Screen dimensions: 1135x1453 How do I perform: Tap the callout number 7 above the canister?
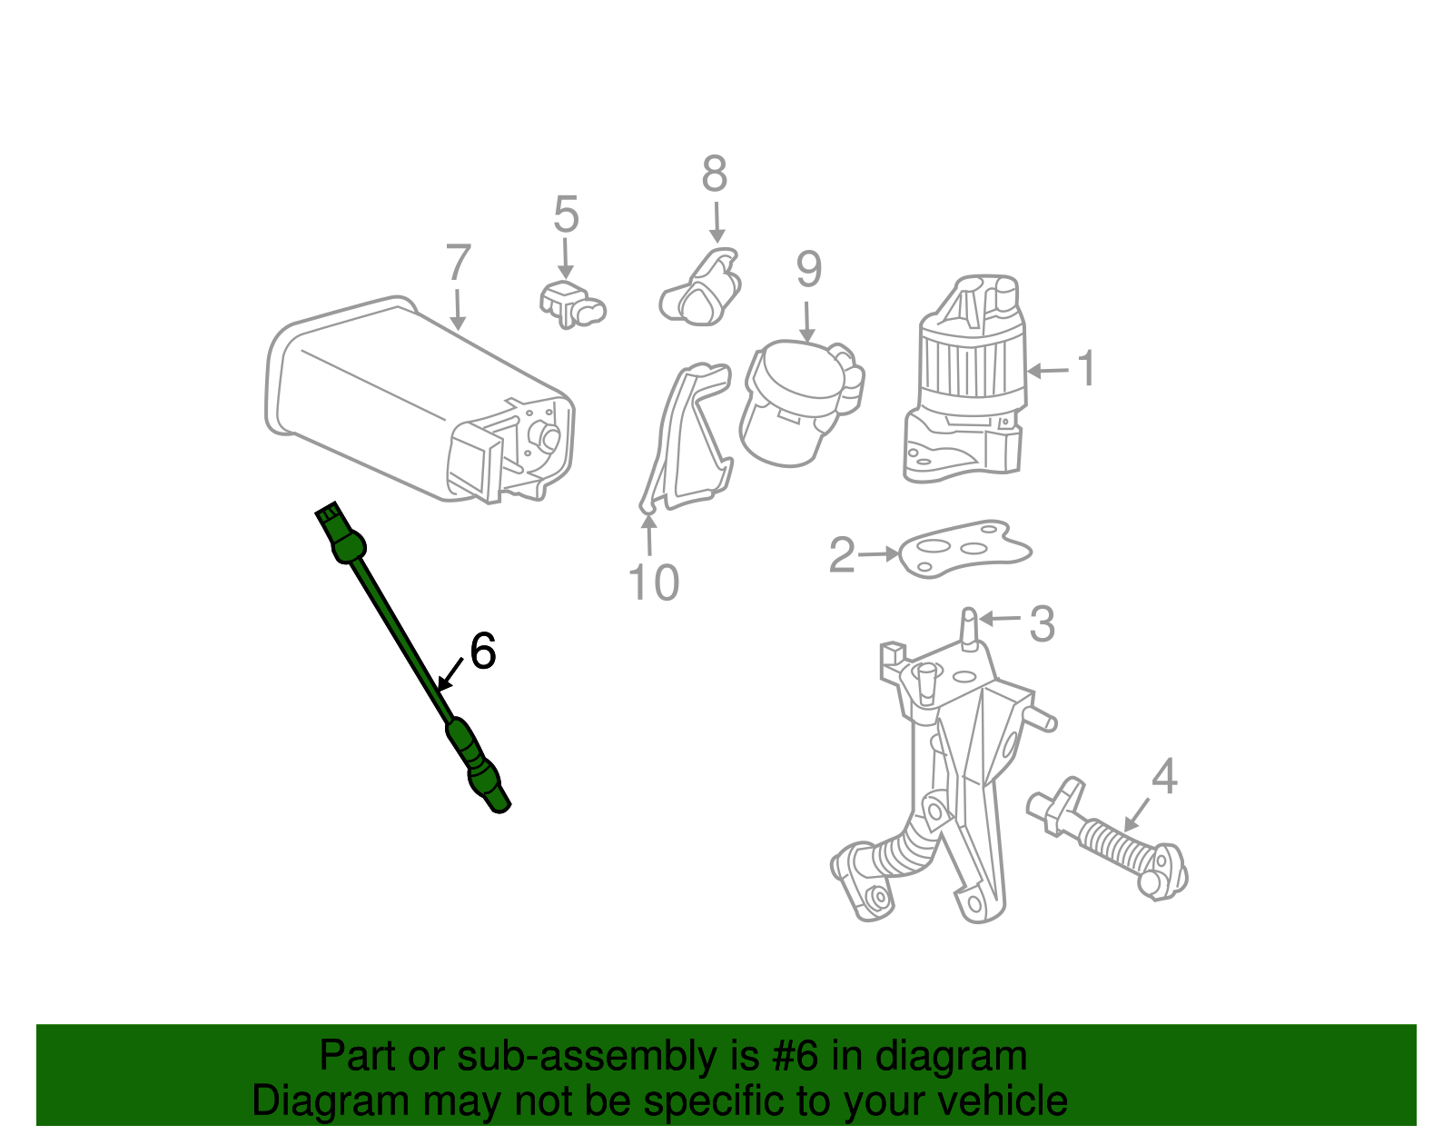[x=459, y=264]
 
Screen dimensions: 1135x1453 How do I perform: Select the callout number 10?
[x=653, y=582]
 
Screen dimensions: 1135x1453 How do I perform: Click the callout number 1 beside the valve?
[x=1086, y=369]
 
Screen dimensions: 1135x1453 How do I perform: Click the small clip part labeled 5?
[x=569, y=304]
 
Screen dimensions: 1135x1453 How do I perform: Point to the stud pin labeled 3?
[x=968, y=629]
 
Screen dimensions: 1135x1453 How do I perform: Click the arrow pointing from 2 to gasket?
[x=879, y=553]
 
